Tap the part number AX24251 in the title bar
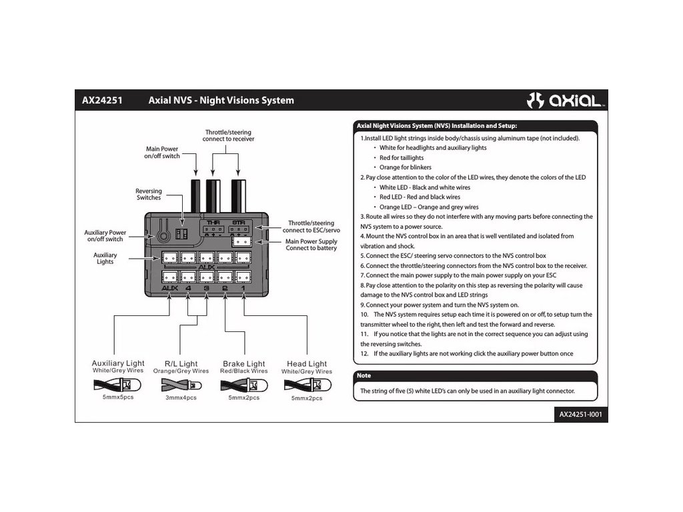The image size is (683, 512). tap(102, 101)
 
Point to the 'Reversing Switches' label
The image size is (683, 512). tap(149, 195)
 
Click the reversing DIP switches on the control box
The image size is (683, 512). tap(179, 232)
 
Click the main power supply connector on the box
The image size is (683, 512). tap(241, 243)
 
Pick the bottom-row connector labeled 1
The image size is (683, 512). tap(243, 275)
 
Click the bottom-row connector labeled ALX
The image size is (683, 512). tap(169, 275)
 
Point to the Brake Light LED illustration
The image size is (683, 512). tap(243, 385)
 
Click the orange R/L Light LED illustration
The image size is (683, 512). tap(181, 385)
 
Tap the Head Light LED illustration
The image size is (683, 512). tap(306, 385)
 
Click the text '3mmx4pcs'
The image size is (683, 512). tap(181, 398)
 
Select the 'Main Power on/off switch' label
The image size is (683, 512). tap(162, 153)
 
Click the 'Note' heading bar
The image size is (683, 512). tap(475, 375)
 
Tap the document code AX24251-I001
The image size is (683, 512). tap(580, 414)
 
